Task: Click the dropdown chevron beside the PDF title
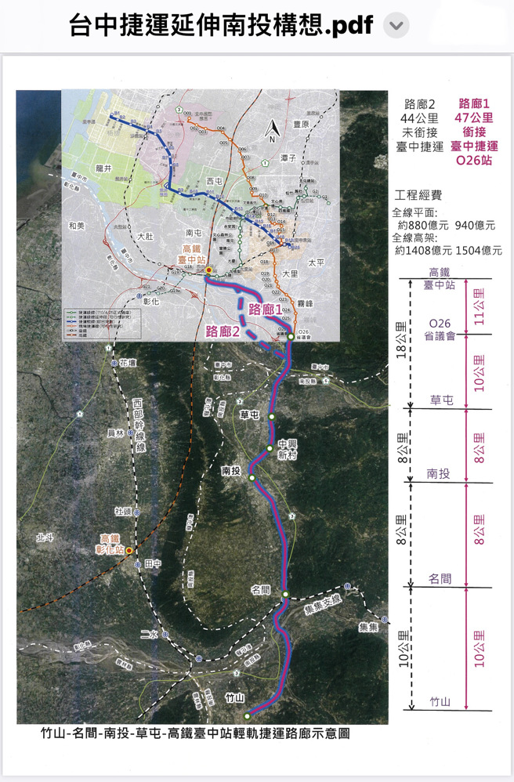pos(396,26)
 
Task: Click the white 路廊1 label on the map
pos(265,309)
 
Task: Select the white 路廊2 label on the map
pos(223,331)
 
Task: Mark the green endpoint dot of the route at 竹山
pos(247,715)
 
